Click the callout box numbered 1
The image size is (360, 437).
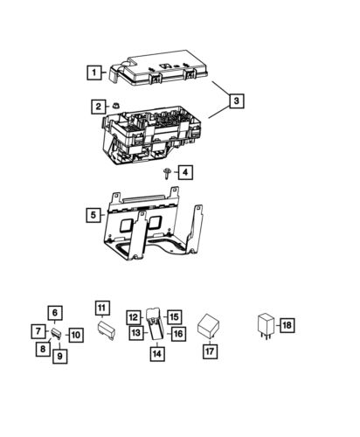pyautogui.click(x=94, y=73)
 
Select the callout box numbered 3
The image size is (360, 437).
pyautogui.click(x=236, y=101)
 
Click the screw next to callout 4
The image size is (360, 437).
pyautogui.click(x=167, y=173)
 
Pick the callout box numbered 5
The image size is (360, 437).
pyautogui.click(x=93, y=215)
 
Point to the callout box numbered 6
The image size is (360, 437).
pyautogui.click(x=55, y=313)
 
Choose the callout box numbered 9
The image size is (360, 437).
pyautogui.click(x=60, y=356)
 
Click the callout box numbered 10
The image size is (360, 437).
pyautogui.click(x=76, y=335)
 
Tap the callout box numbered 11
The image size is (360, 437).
pyautogui.click(x=102, y=308)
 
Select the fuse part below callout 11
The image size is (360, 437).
pyautogui.click(x=107, y=330)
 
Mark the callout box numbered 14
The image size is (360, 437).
pyautogui.click(x=157, y=354)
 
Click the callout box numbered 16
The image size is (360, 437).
pyautogui.click(x=178, y=334)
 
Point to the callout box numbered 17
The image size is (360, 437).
pyautogui.click(x=210, y=351)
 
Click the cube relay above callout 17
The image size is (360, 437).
pyautogui.click(x=209, y=326)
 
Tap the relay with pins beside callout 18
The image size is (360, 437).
pyautogui.click(x=267, y=326)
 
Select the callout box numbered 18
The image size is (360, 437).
pyautogui.click(x=287, y=325)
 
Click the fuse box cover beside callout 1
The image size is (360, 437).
pyautogui.click(x=159, y=68)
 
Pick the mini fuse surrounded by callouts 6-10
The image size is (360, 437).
pyautogui.click(x=57, y=334)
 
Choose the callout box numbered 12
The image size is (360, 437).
pyautogui.click(x=134, y=317)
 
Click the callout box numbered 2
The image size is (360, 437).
pyautogui.click(x=99, y=107)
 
